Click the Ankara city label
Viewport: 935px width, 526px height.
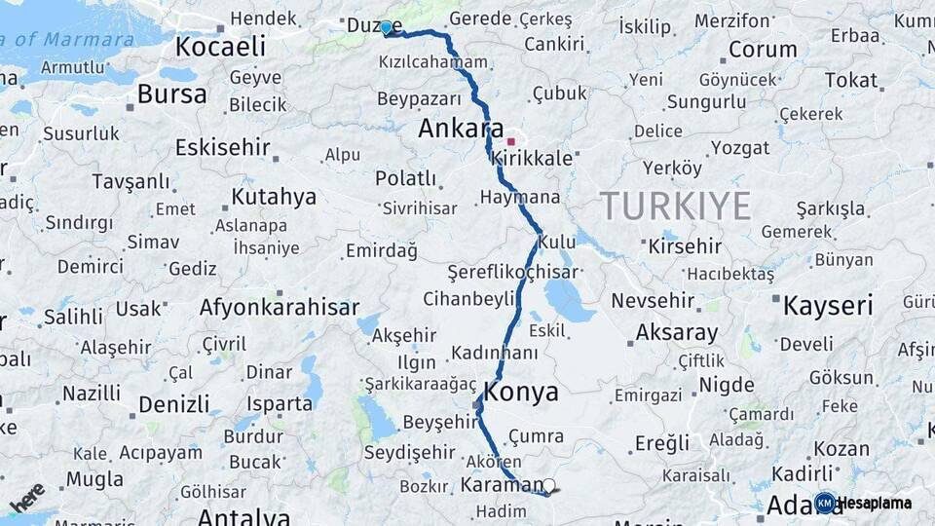pyautogui.click(x=461, y=129)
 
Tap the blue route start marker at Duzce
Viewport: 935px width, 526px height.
pyautogui.click(x=386, y=27)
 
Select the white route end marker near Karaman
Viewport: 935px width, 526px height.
pyautogui.click(x=548, y=485)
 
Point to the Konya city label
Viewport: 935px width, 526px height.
pyautogui.click(x=521, y=393)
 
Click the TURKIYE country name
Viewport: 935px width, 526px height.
pyautogui.click(x=675, y=206)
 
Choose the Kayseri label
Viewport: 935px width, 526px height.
pyautogui.click(x=828, y=306)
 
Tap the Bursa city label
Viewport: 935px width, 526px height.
pyautogui.click(x=171, y=94)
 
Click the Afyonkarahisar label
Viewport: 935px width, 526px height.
pyautogui.click(x=280, y=308)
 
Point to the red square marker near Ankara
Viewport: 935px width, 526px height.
pyautogui.click(x=510, y=141)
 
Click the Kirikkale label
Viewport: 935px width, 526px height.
pyautogui.click(x=532, y=158)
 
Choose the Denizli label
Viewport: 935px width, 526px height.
pyautogui.click(x=173, y=404)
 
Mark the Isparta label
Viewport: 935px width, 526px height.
pyautogui.click(x=280, y=403)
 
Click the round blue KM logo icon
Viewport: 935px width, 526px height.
pyautogui.click(x=825, y=503)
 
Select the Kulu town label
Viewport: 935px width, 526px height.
pyautogui.click(x=557, y=241)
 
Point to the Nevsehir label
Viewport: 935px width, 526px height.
pyautogui.click(x=653, y=300)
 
